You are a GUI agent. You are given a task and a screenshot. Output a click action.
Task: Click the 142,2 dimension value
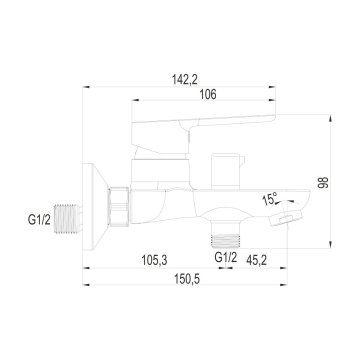pyautogui.click(x=185, y=80)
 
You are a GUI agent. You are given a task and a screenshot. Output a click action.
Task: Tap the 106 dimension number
pyautogui.click(x=208, y=95)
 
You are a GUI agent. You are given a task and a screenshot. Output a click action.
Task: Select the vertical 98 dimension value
pyautogui.click(x=323, y=182)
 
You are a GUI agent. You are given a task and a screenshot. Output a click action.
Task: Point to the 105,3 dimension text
pyautogui.click(x=154, y=260)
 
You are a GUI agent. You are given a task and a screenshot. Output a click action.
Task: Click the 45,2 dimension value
pyautogui.click(x=256, y=260)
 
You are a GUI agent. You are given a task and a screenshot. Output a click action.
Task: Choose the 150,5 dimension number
pyautogui.click(x=187, y=279)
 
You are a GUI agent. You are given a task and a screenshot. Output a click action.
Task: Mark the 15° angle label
pyautogui.click(x=270, y=199)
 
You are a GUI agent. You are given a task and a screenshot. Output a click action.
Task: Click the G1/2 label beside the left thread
pyautogui.click(x=39, y=220)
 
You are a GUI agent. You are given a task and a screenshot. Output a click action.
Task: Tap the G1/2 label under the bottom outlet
pyautogui.click(x=226, y=257)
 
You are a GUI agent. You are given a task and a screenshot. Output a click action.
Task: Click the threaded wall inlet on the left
pyautogui.click(x=68, y=219)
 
